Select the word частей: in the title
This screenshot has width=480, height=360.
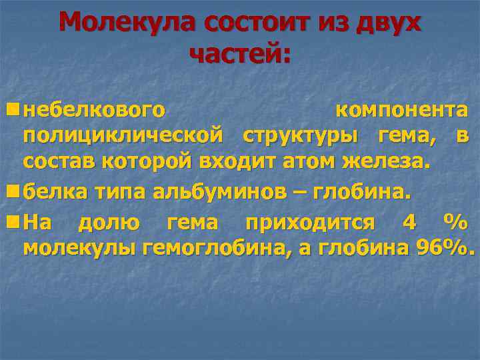point(240,54)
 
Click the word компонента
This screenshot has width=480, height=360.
point(401,109)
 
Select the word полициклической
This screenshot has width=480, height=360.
point(123,136)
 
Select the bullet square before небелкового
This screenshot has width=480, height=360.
point(13,108)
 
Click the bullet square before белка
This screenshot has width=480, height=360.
point(13,191)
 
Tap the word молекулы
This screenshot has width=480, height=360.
point(81,249)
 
